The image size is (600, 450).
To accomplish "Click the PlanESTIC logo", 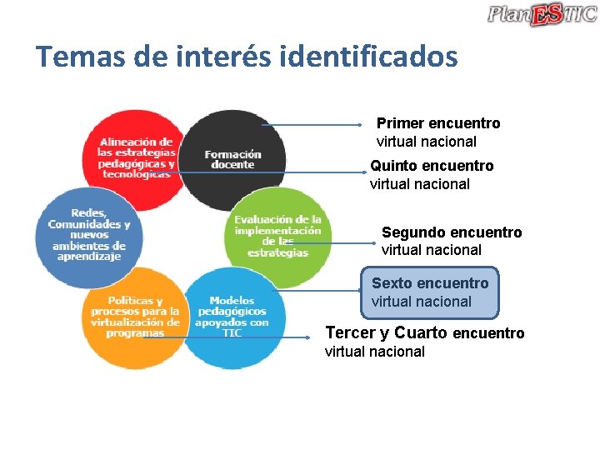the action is tap(542, 14).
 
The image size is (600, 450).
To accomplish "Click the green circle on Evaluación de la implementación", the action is tap(277, 237).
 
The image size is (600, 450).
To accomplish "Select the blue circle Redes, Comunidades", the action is tap(88, 235).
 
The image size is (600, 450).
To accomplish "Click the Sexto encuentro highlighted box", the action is tap(430, 292).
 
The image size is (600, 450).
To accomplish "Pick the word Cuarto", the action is tap(421, 333).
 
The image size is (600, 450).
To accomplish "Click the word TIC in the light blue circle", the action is tap(232, 333).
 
